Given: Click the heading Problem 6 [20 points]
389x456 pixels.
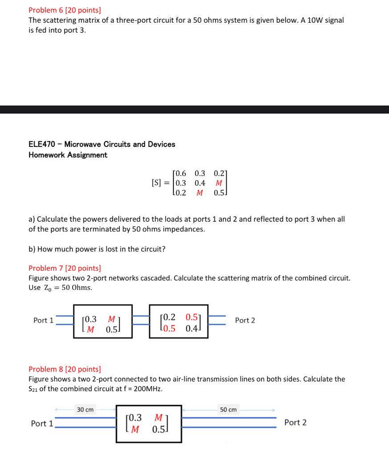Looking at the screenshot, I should [65, 9].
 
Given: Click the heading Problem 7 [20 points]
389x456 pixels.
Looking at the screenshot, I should [65, 268].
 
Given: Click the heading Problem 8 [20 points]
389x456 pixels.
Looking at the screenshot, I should [65, 369].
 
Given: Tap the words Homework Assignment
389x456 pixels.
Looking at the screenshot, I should [68, 155].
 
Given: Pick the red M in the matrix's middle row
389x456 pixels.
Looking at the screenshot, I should [218, 183].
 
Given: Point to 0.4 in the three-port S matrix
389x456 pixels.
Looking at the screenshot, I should [200, 183].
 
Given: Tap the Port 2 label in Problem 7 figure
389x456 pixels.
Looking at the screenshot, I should [245, 321].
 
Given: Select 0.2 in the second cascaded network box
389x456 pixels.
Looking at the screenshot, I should [169, 318].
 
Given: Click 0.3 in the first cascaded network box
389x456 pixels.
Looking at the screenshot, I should [91, 319].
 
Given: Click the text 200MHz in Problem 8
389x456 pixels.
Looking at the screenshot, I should [148, 389].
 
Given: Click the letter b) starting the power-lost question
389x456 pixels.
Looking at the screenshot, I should [32, 249].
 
